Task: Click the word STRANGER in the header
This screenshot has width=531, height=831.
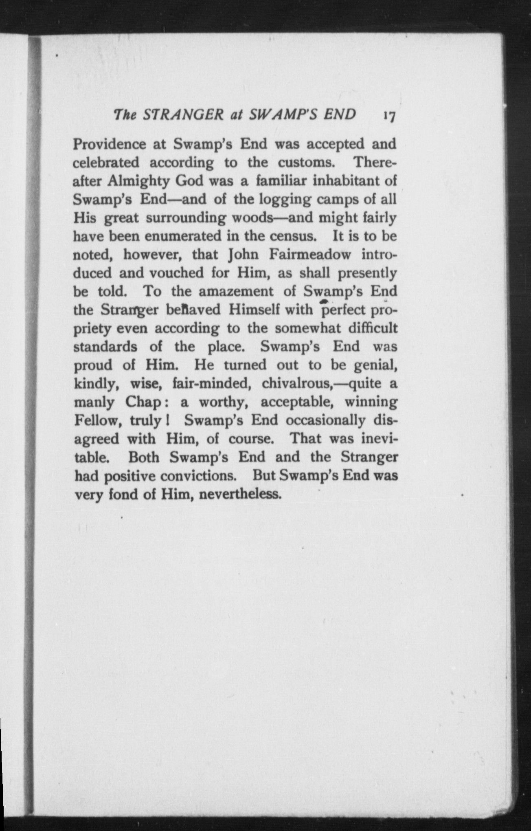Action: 183,114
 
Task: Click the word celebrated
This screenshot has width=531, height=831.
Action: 106,163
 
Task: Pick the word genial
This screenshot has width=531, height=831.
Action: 375,365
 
